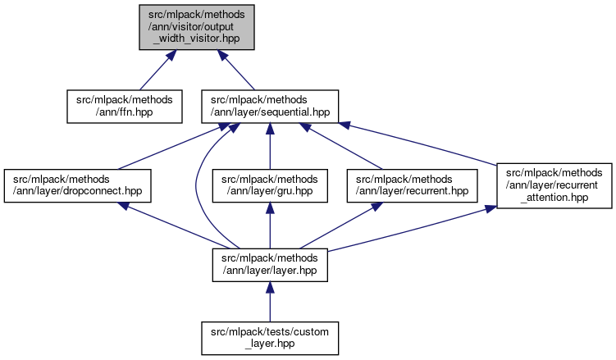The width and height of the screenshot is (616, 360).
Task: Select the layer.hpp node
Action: coord(270,262)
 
